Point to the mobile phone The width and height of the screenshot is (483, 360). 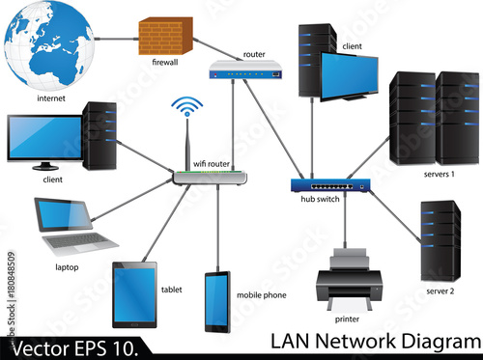[x=216, y=302]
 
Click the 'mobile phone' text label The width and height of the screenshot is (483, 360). [x=261, y=295]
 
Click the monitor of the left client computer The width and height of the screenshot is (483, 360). [x=43, y=137]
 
